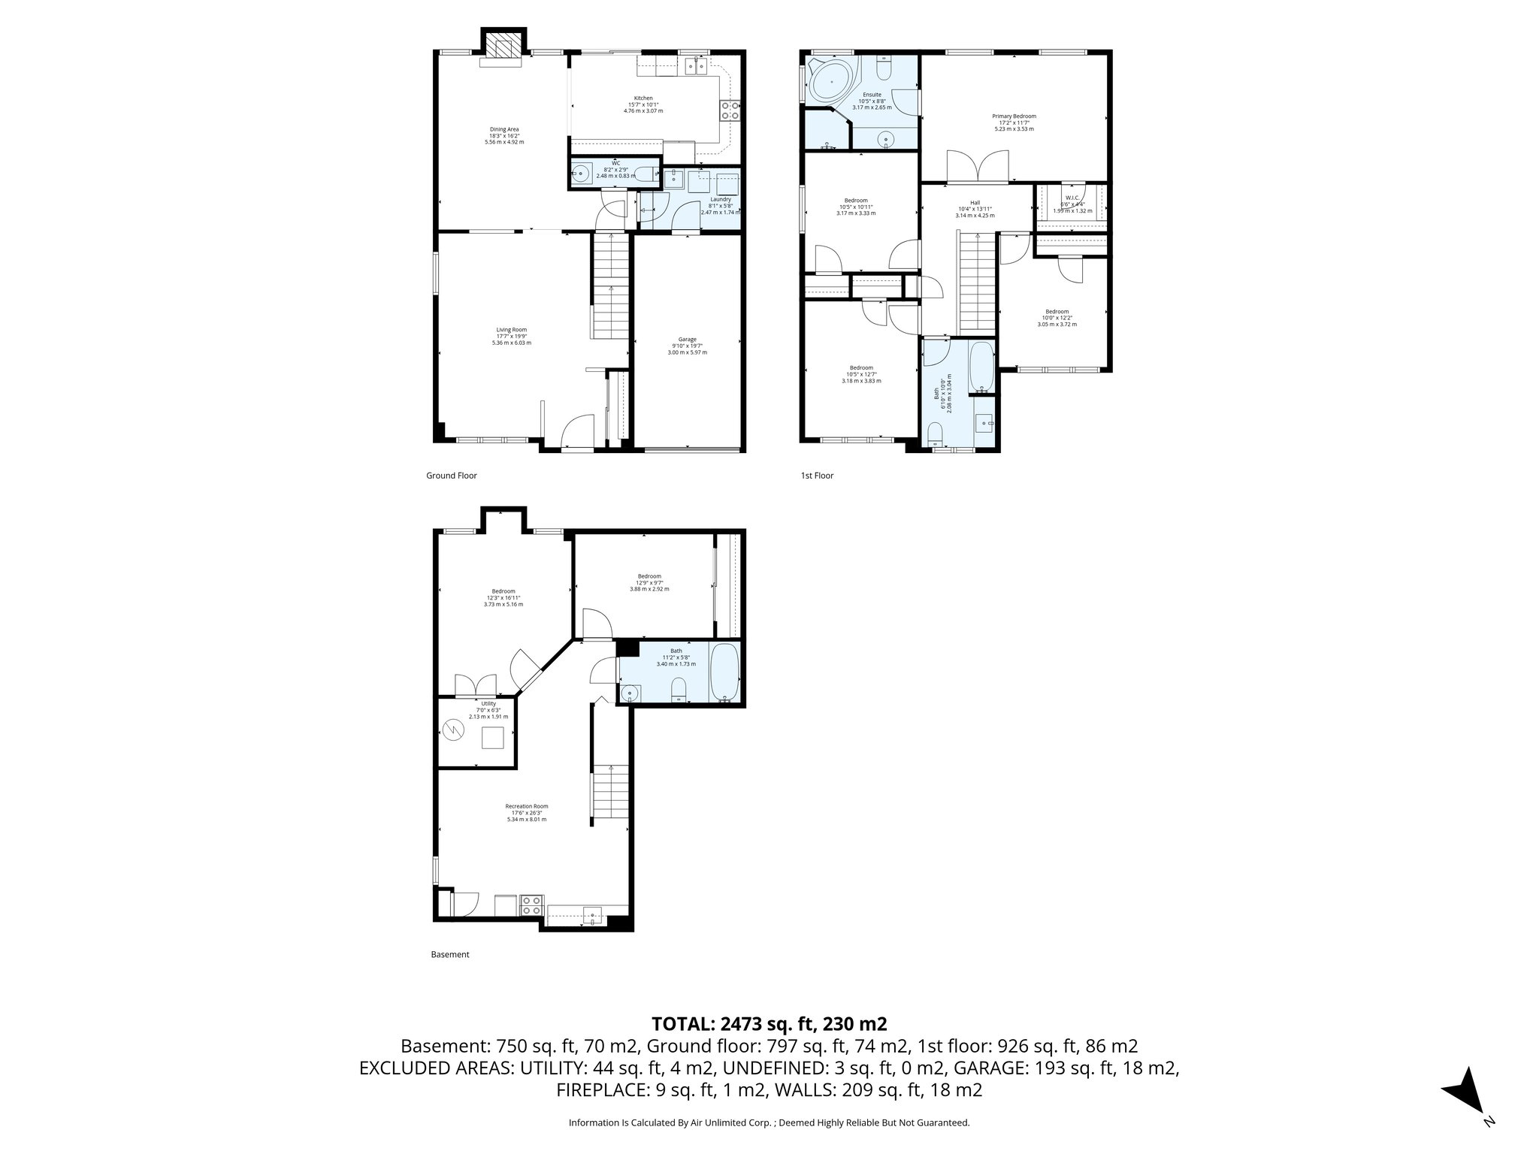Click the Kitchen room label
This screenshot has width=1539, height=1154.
point(643,98)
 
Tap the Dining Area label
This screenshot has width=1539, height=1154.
point(504,129)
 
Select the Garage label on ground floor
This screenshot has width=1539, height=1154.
point(687,340)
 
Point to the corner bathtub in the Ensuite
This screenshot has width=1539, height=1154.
point(831,81)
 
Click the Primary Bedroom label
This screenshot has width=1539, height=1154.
point(1014,116)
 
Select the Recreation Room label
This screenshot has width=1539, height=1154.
point(526,806)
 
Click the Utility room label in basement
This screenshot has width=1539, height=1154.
point(488,704)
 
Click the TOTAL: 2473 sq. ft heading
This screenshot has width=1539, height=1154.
point(769,1023)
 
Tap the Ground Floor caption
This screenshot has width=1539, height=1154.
point(452,476)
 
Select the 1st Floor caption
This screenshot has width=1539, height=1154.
point(817,476)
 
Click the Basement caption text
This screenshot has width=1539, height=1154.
point(449,955)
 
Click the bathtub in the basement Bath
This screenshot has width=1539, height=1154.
point(725,672)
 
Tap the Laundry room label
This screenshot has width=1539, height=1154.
point(720,200)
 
